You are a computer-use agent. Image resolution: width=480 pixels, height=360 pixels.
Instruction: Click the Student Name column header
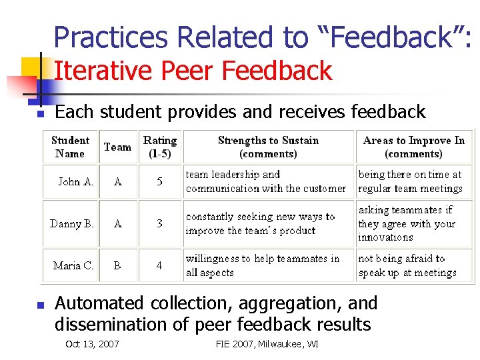pos(70,147)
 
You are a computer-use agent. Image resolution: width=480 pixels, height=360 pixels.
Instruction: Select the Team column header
pos(117,147)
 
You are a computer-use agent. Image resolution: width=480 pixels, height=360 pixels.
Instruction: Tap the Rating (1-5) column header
pos(160,147)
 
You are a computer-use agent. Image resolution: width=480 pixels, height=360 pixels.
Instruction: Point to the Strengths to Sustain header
pos(268,147)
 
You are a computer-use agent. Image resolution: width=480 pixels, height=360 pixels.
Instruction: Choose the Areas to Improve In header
pos(413,147)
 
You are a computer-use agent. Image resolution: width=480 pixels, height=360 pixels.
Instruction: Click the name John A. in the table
pos(75,181)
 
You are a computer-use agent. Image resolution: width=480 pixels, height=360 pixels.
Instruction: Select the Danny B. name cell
pos(71,223)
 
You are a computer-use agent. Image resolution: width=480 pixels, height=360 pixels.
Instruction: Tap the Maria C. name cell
pos(73,265)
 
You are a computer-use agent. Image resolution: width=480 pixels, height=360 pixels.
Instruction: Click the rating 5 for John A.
pos(159,181)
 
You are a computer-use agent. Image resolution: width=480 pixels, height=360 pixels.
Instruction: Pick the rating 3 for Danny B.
pos(159,223)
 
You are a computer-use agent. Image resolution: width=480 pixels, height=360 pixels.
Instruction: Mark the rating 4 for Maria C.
pos(159,265)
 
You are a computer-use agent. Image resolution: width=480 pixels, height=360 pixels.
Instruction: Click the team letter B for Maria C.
pos(117,265)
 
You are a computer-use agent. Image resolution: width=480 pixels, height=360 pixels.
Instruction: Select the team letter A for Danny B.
pos(118,223)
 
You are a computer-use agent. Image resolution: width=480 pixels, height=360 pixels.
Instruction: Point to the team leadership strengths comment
pos(265,181)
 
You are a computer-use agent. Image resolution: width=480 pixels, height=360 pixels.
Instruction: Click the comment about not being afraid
pos(407,265)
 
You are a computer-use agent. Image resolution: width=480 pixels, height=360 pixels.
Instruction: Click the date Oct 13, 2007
pos(92,344)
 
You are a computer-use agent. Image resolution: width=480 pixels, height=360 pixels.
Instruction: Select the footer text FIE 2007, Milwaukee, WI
pos(267,344)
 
